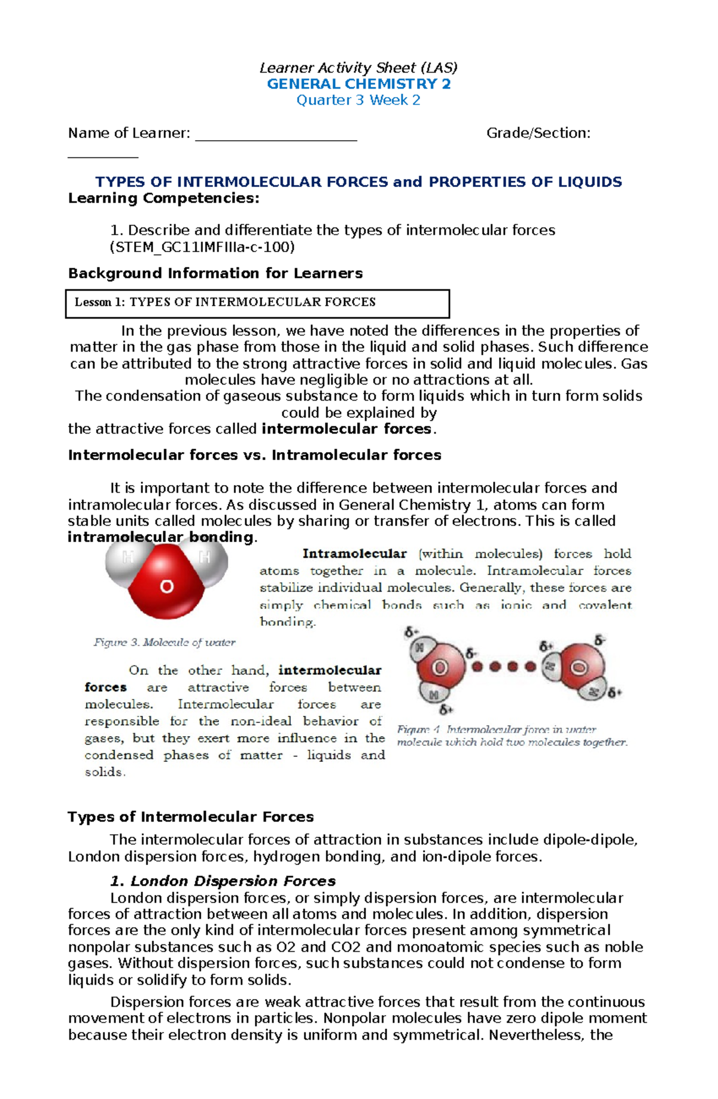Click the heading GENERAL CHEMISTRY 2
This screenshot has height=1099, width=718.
coord(358,84)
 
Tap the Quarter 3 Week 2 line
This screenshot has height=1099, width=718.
coord(358,100)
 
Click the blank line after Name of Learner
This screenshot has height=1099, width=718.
coord(276,135)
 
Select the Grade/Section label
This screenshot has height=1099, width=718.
coord(538,133)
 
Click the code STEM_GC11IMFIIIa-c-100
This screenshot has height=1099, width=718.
coord(202,247)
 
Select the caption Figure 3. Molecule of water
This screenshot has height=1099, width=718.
coord(164,643)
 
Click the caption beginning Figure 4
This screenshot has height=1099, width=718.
coord(512,736)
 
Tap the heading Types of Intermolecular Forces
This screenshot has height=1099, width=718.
coord(190,817)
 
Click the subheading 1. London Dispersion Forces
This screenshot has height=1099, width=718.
coord(223,881)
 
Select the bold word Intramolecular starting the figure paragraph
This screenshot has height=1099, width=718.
coord(354,554)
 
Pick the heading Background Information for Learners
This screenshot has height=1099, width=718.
coord(215,274)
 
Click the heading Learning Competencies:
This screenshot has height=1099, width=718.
coord(164,198)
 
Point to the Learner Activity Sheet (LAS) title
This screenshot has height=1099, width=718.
coord(358,68)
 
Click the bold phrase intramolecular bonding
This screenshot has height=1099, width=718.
coord(160,537)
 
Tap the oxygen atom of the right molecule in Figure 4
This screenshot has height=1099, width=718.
coord(579,667)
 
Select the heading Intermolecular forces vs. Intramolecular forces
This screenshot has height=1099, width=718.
coord(254,455)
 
